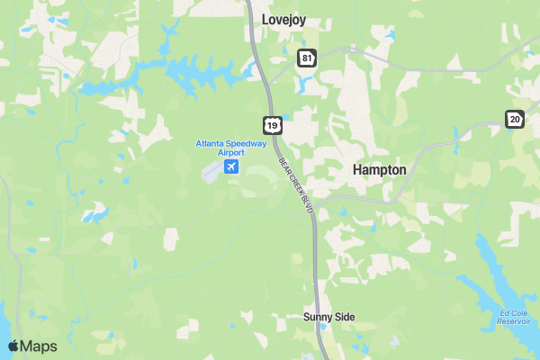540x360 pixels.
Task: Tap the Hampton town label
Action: [379, 169]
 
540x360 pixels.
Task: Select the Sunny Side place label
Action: [328, 317]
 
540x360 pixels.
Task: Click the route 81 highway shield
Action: [308, 58]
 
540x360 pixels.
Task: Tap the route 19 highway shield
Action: [271, 123]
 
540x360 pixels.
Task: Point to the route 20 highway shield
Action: [514, 119]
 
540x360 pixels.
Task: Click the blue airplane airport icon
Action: [232, 167]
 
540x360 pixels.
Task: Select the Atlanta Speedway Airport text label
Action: [231, 148]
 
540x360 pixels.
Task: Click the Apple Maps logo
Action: [32, 346]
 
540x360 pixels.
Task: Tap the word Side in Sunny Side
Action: [345, 317]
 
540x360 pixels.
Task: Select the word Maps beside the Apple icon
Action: [40, 346]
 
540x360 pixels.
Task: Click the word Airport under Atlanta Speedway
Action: [231, 153]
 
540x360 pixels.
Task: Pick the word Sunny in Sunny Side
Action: [318, 317]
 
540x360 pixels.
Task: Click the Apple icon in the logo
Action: [13, 346]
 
